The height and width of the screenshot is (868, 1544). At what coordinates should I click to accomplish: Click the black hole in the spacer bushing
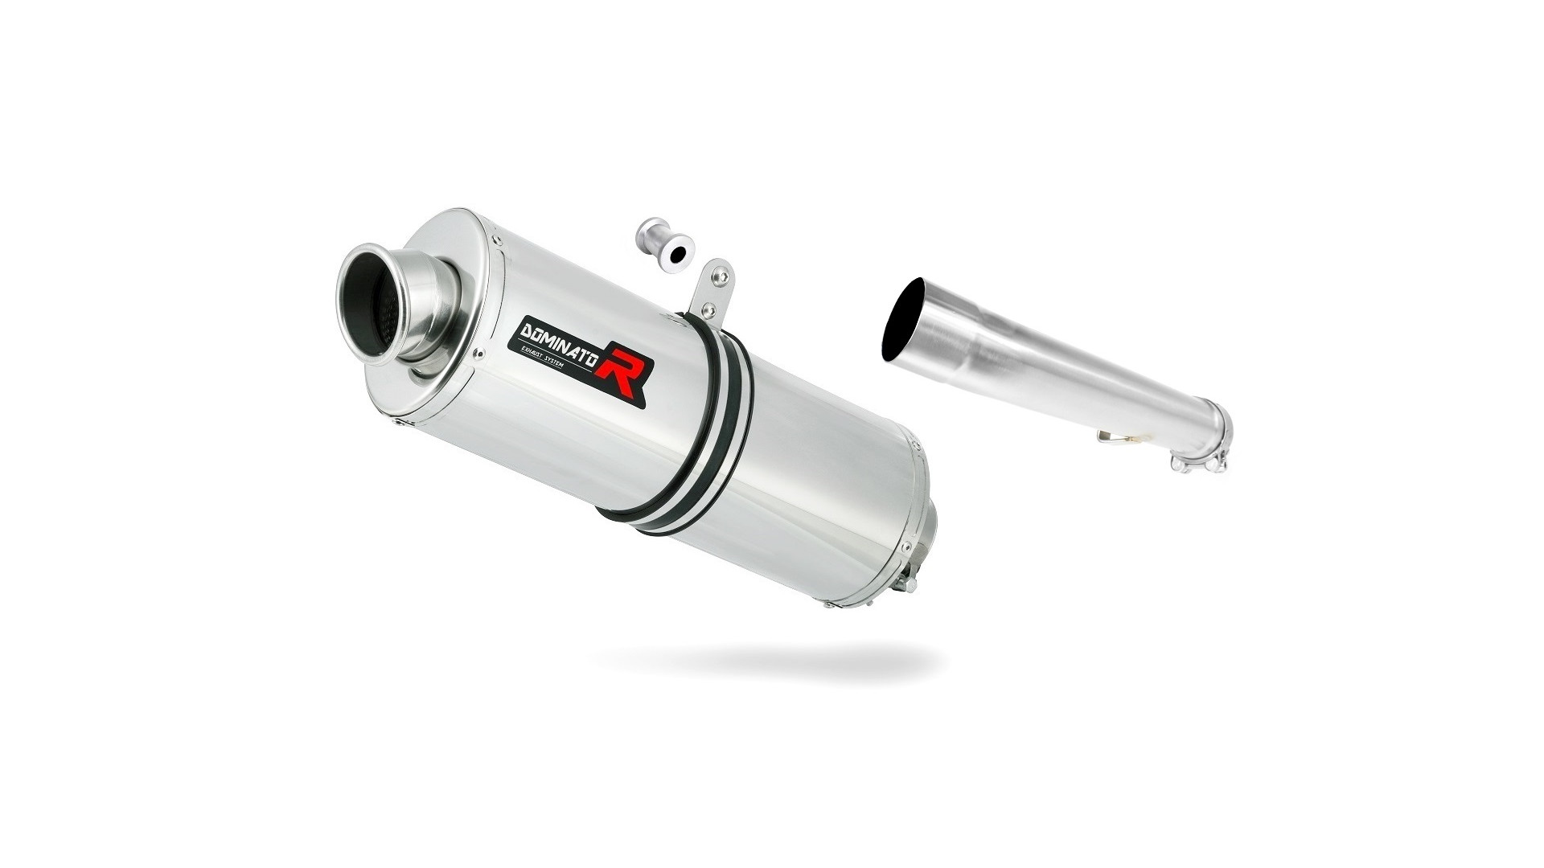[x=677, y=254]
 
